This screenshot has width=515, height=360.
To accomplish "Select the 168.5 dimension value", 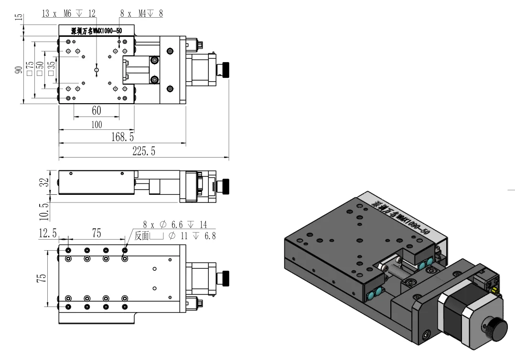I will [x=123, y=138].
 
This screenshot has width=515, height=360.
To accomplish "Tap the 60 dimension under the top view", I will [x=97, y=111].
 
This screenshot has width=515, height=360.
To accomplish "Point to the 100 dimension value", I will [x=97, y=125].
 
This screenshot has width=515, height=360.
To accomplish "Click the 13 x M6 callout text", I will [x=69, y=14].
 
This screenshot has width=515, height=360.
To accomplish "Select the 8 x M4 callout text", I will [x=141, y=14].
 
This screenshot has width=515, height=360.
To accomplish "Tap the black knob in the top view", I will [x=224, y=70].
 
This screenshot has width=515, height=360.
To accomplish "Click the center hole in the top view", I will [x=97, y=70].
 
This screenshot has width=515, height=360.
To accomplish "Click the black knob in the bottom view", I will [x=223, y=277].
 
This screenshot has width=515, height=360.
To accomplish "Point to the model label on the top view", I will [x=97, y=31].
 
